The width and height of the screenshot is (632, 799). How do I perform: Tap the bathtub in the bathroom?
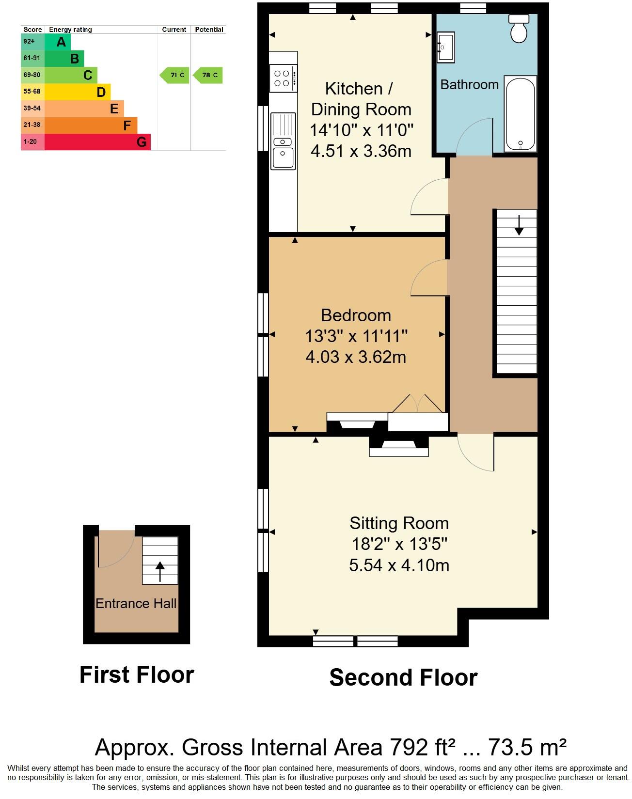coord(521,114)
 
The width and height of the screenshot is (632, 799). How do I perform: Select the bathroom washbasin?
coord(445,47)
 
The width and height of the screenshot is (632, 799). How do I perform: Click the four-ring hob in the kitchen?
coord(283,78)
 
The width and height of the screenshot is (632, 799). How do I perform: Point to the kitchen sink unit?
coord(283,141)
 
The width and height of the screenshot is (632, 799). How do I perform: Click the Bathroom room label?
coord(469,85)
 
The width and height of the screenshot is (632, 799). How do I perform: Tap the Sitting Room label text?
coord(399,523)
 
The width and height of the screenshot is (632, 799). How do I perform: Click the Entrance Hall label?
coord(136,604)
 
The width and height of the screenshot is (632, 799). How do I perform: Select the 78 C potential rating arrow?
coord(208,75)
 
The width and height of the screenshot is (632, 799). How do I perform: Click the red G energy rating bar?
coord(97,142)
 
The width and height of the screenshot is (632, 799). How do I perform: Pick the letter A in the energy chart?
coord(61,42)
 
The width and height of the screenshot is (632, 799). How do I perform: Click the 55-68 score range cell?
coord(32,92)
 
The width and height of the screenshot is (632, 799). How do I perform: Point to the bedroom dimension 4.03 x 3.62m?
coord(356,357)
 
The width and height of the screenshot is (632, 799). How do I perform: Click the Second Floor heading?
coord(403,677)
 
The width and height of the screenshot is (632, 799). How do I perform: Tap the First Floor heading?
coord(137,674)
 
